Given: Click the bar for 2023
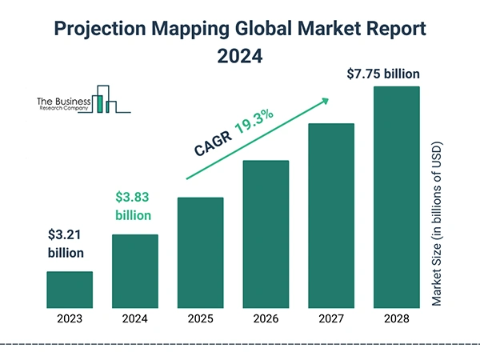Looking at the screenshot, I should coord(70,290).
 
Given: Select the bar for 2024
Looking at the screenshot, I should coord(134,271).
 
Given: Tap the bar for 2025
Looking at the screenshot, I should coord(200,253).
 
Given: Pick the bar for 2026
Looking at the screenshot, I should coord(265,234).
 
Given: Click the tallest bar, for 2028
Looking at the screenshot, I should coord(396,198).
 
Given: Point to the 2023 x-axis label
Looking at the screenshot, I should coord(70,318).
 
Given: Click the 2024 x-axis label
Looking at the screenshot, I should coord(134,318).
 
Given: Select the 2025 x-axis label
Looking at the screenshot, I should coord(200,318).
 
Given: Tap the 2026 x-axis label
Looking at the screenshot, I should coord(265,318).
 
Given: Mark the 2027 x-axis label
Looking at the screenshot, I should coord(330,318).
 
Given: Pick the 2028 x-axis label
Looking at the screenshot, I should coord(396,318).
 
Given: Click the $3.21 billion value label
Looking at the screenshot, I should coord(65,244).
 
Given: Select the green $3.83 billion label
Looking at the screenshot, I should coord(133,206).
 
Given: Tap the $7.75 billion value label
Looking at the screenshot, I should coord(383,74).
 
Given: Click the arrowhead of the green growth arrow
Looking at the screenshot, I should coord(325,101).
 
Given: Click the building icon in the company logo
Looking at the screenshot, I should coord(105,99).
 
